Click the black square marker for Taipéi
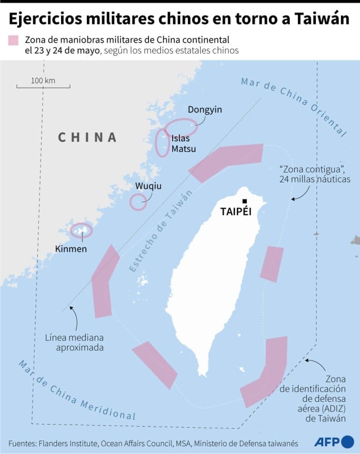pyautogui.click(x=245, y=202)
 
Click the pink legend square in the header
pyautogui.click(x=13, y=41)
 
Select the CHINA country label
pyautogui.click(x=87, y=137)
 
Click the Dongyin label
pyautogui.click(x=205, y=110)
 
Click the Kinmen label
pyautogui.click(x=71, y=249)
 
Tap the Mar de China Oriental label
pyautogui.click(x=293, y=107)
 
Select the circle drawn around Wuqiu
pyautogui.click(x=138, y=202)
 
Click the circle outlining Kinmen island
pyautogui.click(x=81, y=230)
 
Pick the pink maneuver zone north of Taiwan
pyautogui.click(x=226, y=162)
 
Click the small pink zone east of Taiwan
pyautogui.click(x=272, y=264)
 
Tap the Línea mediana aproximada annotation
pyautogui.click(x=80, y=342)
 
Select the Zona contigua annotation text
pyautogui.click(x=314, y=174)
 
